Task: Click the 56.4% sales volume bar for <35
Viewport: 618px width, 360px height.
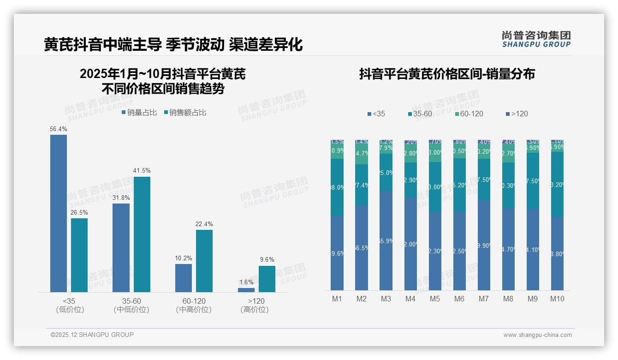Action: pos(59,213)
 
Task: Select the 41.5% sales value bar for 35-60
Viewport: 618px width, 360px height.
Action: pos(142,234)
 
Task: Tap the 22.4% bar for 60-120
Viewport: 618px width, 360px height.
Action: pos(204,261)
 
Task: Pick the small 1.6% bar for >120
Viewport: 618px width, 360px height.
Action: pos(246,290)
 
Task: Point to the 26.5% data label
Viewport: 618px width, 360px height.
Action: pos(79,213)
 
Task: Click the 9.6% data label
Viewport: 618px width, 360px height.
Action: pos(267,260)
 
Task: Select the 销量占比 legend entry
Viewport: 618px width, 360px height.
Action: pos(139,113)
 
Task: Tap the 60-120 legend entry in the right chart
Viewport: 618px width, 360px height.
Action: pos(469,114)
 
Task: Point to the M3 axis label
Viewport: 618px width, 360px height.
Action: pos(386,299)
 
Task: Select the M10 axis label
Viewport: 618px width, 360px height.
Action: pos(557,299)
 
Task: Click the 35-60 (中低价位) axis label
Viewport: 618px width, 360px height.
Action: pos(131,305)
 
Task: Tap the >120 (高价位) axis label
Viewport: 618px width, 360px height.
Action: pos(255,305)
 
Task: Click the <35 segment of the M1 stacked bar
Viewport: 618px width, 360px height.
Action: pos(337,253)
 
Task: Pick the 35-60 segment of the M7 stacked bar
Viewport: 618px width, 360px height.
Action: pos(484,180)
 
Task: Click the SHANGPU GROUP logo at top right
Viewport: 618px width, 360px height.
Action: pos(536,39)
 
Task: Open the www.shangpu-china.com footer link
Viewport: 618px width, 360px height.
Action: pos(537,335)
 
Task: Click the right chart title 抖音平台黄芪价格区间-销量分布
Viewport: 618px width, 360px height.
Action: pos(446,74)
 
